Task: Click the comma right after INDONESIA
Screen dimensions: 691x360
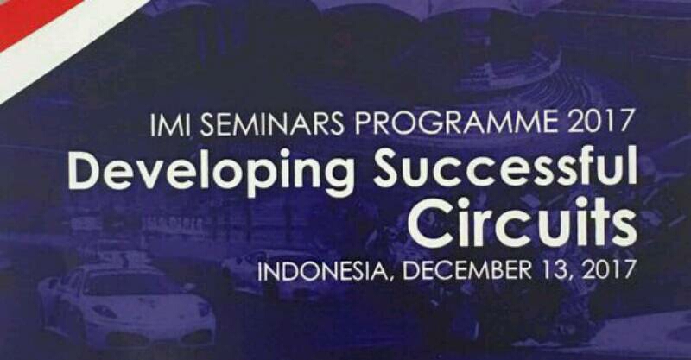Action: pos(386,280)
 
